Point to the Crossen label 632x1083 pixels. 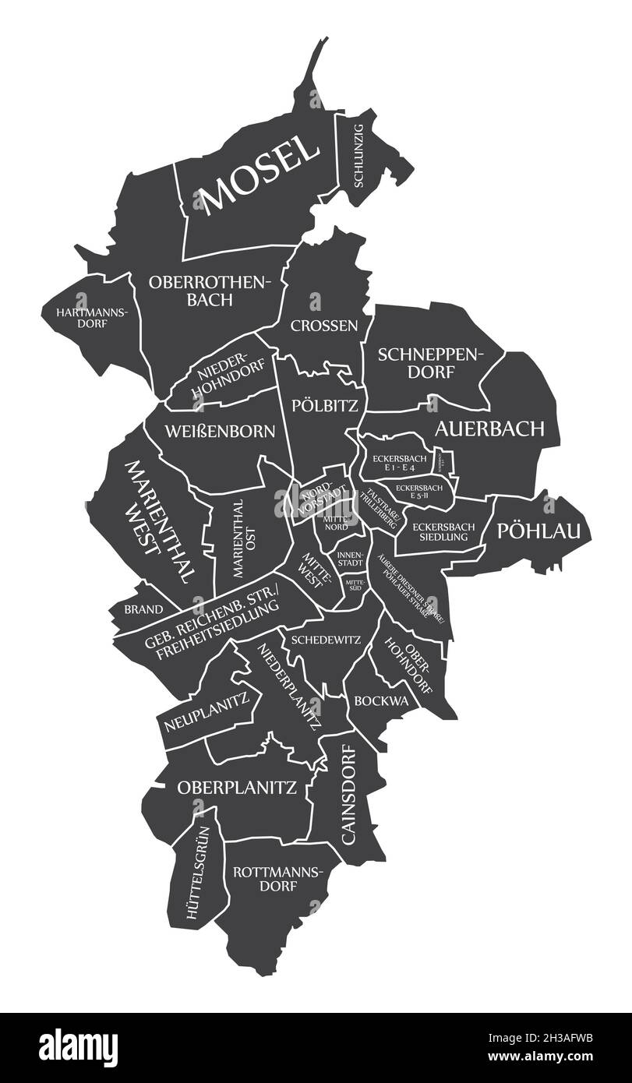point(325,325)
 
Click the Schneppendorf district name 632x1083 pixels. point(430,363)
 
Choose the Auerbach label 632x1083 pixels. point(489,428)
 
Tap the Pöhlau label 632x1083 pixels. point(539,531)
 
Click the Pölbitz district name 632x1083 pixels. point(325,405)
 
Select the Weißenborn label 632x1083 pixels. point(219,431)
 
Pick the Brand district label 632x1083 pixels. point(143,609)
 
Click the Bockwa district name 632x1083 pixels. point(381,700)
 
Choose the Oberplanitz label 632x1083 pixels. point(237,788)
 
